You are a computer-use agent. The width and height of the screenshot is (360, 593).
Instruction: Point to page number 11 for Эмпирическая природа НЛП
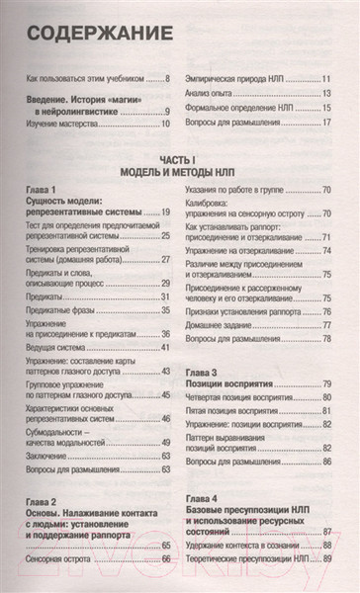(x=325, y=77)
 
